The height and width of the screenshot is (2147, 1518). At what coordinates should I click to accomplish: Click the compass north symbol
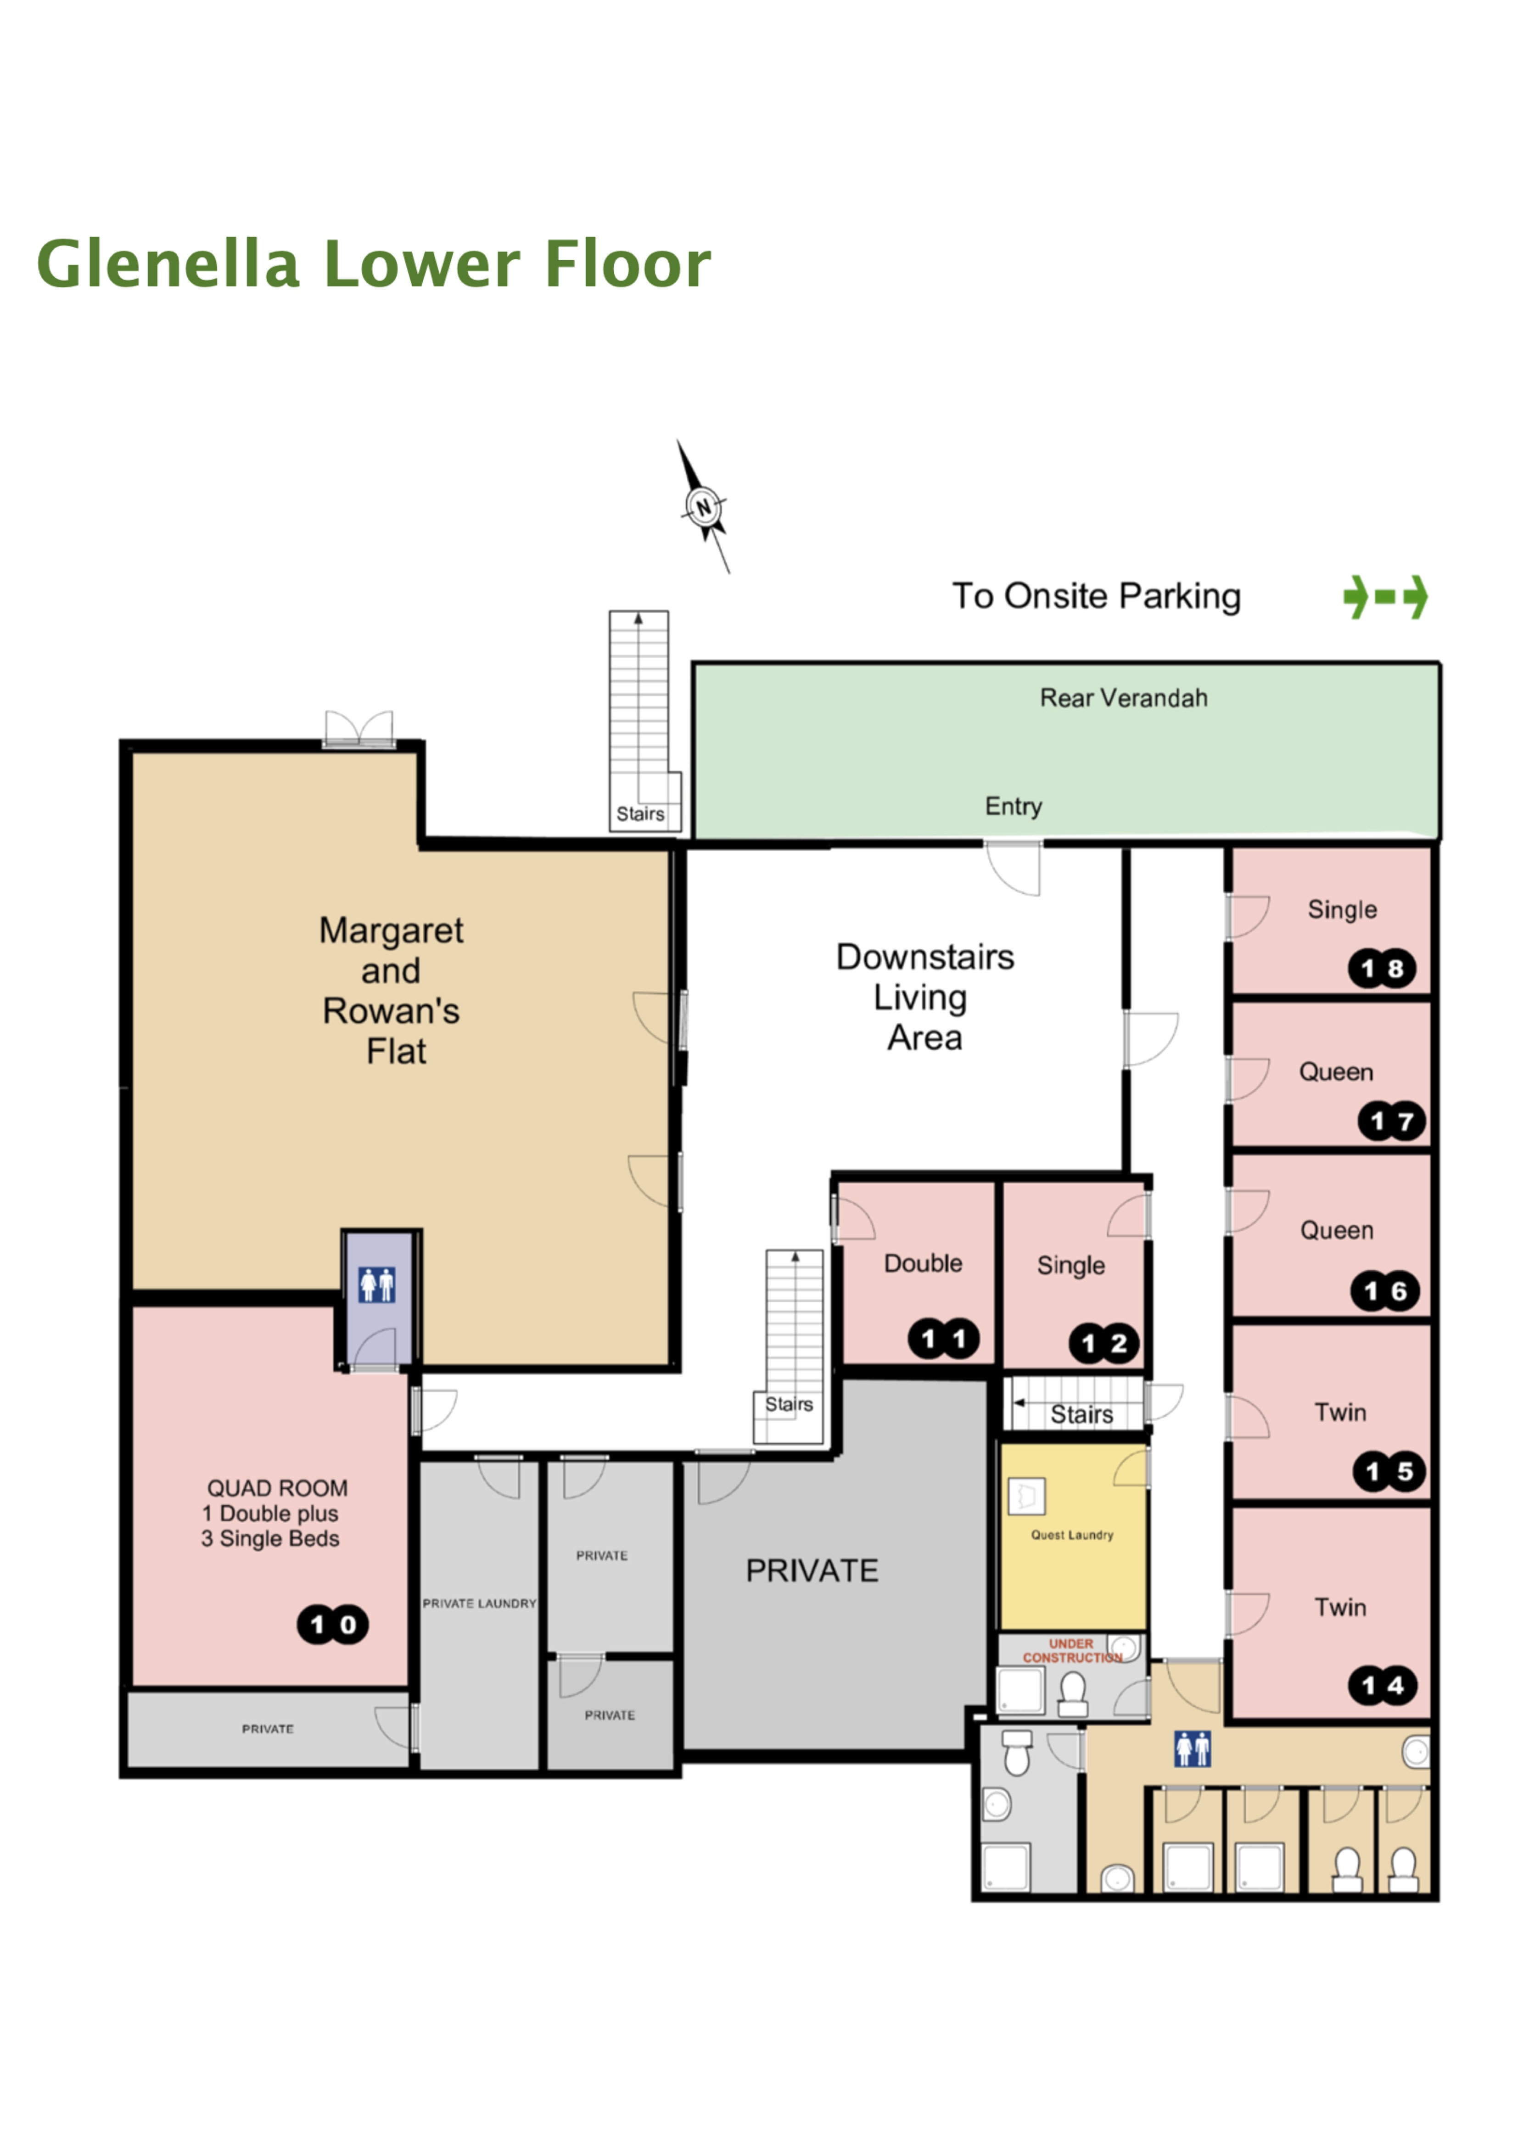pyautogui.click(x=703, y=507)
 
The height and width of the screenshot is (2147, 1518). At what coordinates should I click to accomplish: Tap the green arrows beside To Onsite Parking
pyautogui.click(x=1385, y=597)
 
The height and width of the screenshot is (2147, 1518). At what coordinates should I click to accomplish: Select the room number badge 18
pyautogui.click(x=1382, y=969)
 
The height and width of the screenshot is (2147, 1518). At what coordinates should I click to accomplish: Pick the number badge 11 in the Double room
pyautogui.click(x=944, y=1339)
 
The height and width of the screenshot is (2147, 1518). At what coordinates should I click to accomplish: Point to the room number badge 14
pyautogui.click(x=1383, y=1686)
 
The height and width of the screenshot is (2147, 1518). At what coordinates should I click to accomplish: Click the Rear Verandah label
pyautogui.click(x=1123, y=698)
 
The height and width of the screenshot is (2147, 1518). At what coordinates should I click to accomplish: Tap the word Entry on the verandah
pyautogui.click(x=1013, y=806)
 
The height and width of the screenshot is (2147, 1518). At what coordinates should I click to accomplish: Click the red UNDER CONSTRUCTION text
pyautogui.click(x=1072, y=1650)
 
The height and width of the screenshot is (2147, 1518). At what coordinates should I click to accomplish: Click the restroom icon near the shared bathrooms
pyautogui.click(x=1193, y=1749)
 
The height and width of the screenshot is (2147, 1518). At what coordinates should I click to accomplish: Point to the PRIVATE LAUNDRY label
pyautogui.click(x=479, y=1603)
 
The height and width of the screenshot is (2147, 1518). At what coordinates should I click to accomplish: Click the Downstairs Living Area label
pyautogui.click(x=924, y=997)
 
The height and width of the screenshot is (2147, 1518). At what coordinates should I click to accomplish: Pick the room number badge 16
pyautogui.click(x=1384, y=1291)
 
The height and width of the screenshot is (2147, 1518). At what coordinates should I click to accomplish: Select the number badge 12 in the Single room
pyautogui.click(x=1103, y=1344)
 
